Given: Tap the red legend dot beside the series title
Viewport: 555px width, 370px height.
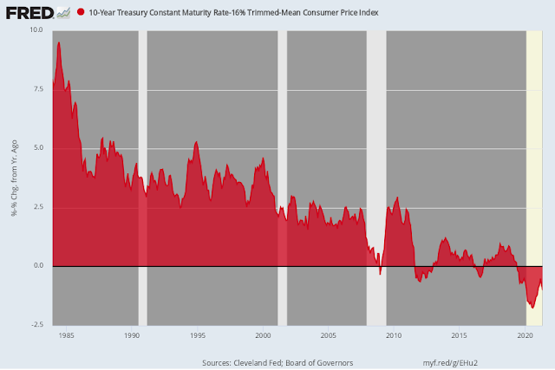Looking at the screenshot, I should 82,13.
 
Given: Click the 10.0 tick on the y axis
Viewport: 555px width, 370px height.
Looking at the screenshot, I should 36,30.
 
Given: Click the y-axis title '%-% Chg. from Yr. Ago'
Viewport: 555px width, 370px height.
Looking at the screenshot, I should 15,178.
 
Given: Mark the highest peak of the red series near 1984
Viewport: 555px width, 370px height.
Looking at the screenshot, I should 59,42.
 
